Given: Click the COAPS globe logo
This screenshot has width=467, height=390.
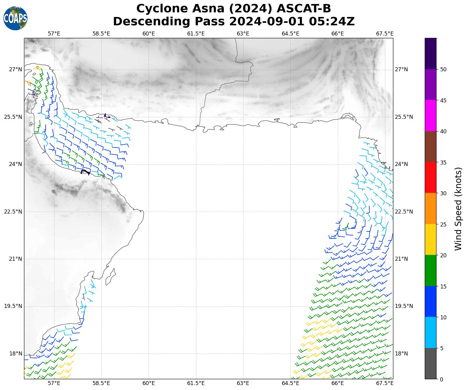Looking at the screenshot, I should point(15,19).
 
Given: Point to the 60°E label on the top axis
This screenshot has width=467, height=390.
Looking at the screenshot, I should point(149,34).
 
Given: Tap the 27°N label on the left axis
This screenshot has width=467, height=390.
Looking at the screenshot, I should point(15,69).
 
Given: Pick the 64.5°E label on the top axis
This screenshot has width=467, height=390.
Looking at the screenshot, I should point(290,34).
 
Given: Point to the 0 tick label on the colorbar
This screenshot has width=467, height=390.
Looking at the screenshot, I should point(441,379).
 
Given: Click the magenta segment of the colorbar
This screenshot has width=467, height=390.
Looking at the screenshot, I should point(431,116).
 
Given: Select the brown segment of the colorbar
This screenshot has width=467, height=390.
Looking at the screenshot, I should point(431,147).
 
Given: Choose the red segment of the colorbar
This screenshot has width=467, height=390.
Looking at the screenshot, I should point(431,177).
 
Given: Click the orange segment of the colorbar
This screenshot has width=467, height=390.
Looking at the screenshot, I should point(431,209).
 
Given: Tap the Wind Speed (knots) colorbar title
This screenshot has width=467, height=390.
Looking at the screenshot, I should point(458,209).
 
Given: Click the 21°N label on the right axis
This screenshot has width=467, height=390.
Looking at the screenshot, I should point(402,259).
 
